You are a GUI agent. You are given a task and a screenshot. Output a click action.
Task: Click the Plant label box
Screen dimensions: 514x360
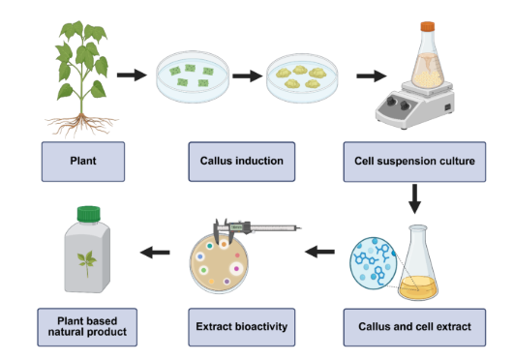click(x=83, y=162)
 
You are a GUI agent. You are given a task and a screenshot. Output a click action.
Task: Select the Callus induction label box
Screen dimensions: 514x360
click(x=242, y=162)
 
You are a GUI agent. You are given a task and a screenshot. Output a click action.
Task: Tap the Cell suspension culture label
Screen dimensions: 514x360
click(x=414, y=162)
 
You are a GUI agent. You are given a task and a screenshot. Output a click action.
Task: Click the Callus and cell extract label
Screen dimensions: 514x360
click(x=414, y=327)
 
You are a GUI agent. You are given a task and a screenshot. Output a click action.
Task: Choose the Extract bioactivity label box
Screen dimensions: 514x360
click(x=242, y=327)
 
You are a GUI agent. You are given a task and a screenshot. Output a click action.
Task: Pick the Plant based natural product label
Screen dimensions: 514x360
click(x=87, y=327)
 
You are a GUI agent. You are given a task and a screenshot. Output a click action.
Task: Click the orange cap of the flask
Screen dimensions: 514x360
click(x=428, y=26)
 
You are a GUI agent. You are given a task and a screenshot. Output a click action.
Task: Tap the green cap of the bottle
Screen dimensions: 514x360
click(x=88, y=214)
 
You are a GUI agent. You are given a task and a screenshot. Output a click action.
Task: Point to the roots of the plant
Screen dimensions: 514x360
click(x=81, y=125)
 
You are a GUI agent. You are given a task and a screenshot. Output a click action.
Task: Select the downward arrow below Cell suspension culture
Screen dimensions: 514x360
click(x=414, y=199)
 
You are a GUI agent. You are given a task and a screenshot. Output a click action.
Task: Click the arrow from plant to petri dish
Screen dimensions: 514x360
click(x=132, y=75)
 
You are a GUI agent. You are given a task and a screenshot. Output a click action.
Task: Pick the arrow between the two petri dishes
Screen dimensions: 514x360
click(x=248, y=76)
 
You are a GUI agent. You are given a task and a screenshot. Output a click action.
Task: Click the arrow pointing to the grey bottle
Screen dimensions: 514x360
click(x=155, y=253)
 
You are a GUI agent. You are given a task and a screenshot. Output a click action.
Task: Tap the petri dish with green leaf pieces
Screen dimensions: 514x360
click(x=193, y=76)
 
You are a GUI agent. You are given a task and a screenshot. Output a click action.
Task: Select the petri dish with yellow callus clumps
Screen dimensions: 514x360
click(x=302, y=78)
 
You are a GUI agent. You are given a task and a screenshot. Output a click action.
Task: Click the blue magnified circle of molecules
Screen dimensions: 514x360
click(x=373, y=263)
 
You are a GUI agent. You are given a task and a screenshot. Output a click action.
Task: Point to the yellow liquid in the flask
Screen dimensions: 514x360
click(x=418, y=287)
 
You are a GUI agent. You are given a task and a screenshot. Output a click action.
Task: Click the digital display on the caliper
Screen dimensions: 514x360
click(x=236, y=227)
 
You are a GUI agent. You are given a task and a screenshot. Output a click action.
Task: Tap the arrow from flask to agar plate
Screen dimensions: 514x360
click(x=319, y=252)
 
